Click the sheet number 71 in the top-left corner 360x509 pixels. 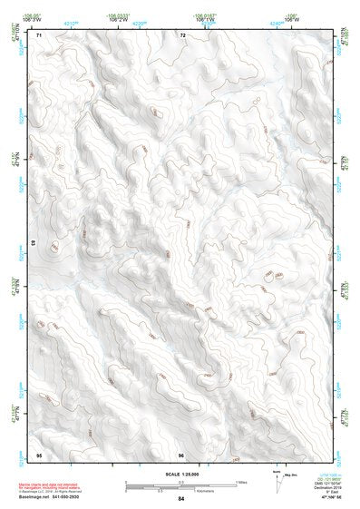coord(39,35)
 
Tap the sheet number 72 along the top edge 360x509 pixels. coord(182,35)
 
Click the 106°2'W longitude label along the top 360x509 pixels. coord(118,18)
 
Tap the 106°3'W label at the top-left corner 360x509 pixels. coord(33,18)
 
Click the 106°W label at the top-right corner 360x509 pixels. coord(292,18)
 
